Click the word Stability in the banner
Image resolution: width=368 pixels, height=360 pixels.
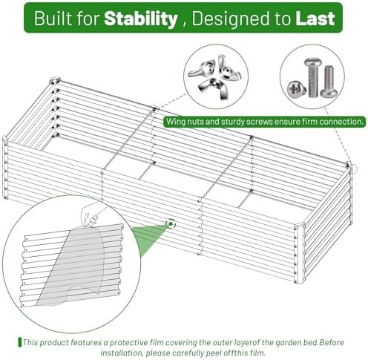pyautogui.click(x=141, y=19)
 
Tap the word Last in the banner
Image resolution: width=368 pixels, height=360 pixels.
pyautogui.click(x=315, y=19)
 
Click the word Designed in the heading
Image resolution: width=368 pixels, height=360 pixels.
pyautogui.click(x=229, y=19)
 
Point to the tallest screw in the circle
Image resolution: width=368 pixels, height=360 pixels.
pyautogui.click(x=313, y=77)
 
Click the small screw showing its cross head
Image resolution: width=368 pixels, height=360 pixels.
pyautogui.click(x=296, y=88)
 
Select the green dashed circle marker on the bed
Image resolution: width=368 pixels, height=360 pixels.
pyautogui.click(x=171, y=223)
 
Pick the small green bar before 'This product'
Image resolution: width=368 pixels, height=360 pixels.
pyautogui.click(x=20, y=342)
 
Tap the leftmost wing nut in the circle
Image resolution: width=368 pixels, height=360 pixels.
pyautogui.click(x=200, y=70)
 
